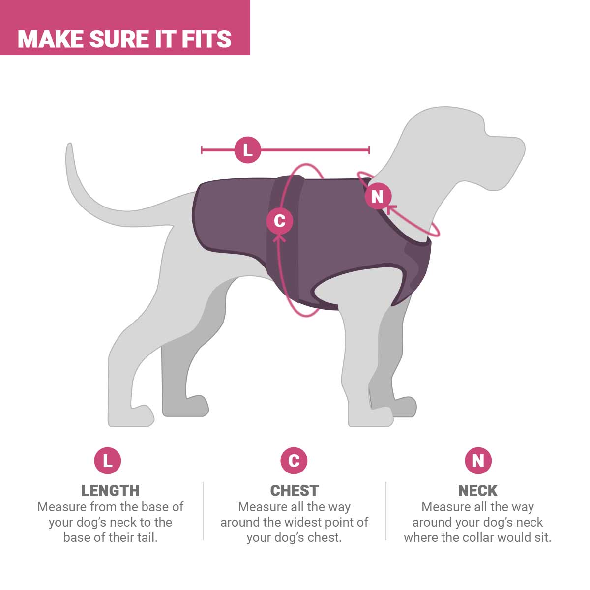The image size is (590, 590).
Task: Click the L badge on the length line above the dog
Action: (x=248, y=150)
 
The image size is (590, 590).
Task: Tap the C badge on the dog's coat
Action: (x=279, y=220)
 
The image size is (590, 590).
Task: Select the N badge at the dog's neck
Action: (x=378, y=197)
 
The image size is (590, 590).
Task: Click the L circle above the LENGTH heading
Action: (x=108, y=461)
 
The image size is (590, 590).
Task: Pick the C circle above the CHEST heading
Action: (x=294, y=461)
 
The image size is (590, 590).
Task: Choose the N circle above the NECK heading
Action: (x=478, y=461)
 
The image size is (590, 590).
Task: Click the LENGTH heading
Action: (x=110, y=490)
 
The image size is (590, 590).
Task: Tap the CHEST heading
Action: (x=294, y=490)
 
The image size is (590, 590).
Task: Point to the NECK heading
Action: (x=477, y=490)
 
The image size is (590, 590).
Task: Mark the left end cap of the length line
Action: (x=202, y=150)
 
